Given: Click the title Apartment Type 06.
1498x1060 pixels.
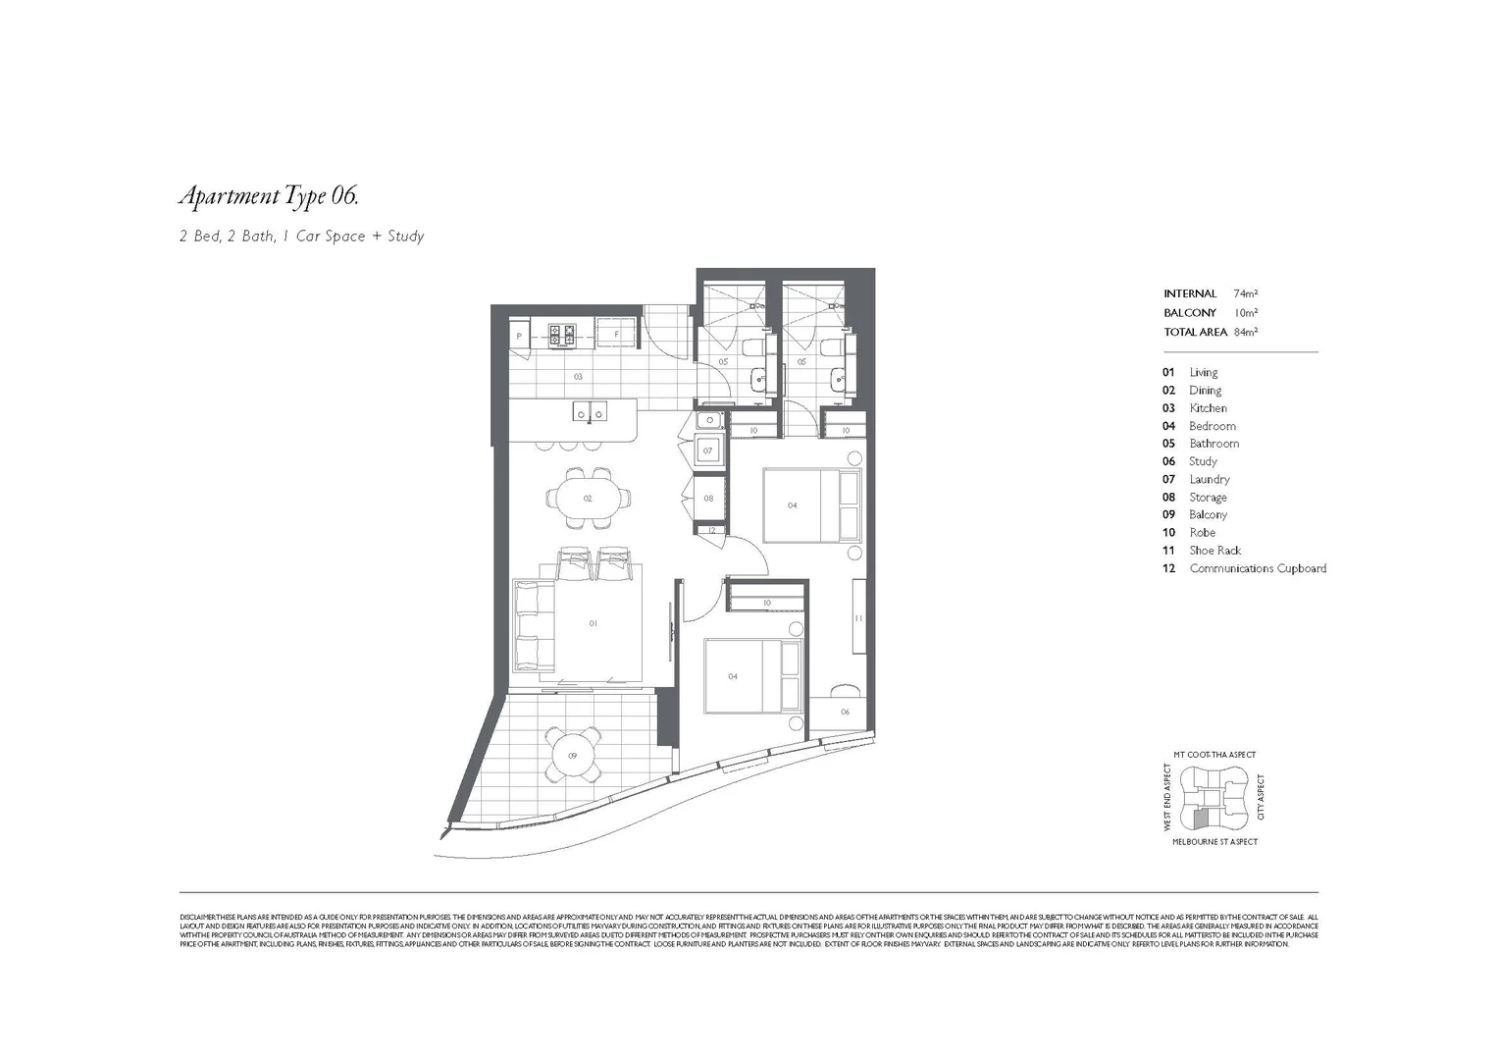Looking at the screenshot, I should coord(268,196).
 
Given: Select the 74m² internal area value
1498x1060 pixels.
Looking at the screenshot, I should coord(1245,293).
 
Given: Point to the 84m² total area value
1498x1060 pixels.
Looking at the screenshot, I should coord(1245,332).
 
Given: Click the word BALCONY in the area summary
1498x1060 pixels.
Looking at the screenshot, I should coord(1189,313).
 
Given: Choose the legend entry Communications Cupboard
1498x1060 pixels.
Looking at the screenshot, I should coord(1257,568).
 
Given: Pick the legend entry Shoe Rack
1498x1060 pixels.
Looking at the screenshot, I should coord(1214,551).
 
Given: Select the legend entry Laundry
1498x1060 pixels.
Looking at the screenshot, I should coord(1209,479).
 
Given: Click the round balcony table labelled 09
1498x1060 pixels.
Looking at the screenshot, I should coord(573,755).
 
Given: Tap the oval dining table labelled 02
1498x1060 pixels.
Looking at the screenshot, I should coord(588,499).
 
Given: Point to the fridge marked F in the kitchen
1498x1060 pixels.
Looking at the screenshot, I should coord(615,334).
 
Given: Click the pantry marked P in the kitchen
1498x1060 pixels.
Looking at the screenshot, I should coord(518,335).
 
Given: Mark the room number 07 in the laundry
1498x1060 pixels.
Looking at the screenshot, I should coord(707,451).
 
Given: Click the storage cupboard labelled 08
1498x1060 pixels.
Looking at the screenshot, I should coord(708,499).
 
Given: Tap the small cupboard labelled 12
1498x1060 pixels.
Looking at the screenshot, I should coord(711,531).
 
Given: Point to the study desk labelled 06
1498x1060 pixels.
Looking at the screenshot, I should coord(845,713).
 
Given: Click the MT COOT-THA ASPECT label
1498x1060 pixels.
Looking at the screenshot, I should coord(1214,755).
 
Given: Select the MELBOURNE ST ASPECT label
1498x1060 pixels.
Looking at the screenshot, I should coord(1214,842).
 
